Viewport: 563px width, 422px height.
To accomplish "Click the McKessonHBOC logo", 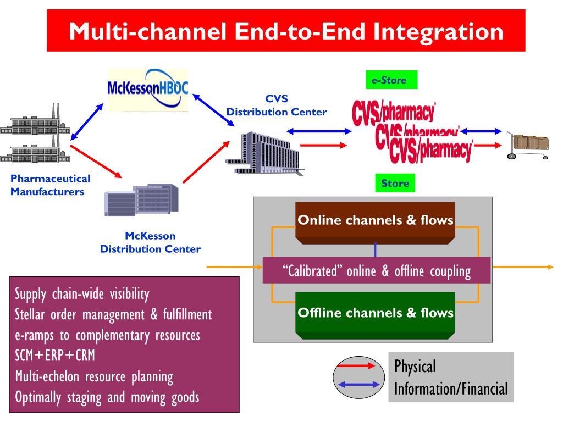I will [147, 90].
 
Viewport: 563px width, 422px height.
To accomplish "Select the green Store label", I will [395, 183].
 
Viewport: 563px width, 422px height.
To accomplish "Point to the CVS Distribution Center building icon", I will [263, 152].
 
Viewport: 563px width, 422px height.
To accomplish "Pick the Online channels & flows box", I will [375, 221].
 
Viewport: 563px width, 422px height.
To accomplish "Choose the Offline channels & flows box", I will [375, 313].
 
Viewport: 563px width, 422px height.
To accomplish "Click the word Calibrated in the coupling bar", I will [312, 271].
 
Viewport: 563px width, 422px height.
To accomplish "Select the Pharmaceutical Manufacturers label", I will [51, 185].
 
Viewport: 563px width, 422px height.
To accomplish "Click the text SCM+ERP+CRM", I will [55, 356].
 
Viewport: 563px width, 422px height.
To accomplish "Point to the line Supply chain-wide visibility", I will [82, 295].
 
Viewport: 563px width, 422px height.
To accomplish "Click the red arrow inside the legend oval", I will [358, 365].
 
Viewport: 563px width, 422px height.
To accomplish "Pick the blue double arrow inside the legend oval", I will [358, 384].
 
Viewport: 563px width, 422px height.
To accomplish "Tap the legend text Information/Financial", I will [450, 388].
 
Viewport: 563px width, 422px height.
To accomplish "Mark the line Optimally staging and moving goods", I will [107, 397].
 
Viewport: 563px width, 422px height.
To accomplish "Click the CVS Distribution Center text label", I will [277, 106].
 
